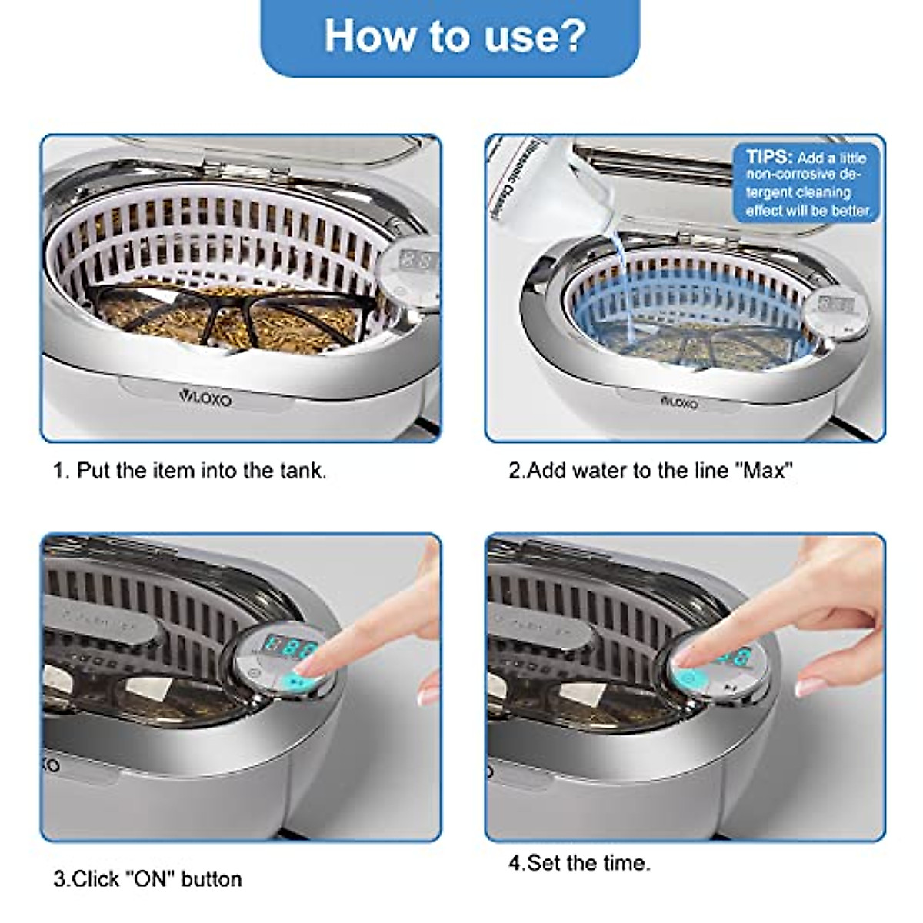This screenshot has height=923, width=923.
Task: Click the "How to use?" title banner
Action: point(454,35)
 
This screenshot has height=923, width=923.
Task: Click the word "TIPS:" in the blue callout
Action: point(768,157)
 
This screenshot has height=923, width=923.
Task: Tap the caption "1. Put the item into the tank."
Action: point(189,471)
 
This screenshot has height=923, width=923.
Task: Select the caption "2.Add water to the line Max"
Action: point(651,471)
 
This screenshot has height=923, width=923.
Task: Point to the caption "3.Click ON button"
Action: point(148,878)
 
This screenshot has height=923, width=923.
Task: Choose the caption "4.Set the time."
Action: point(579,863)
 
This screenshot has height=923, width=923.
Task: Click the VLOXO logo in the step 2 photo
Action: point(679,402)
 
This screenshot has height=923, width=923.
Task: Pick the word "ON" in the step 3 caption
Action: point(150,878)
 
